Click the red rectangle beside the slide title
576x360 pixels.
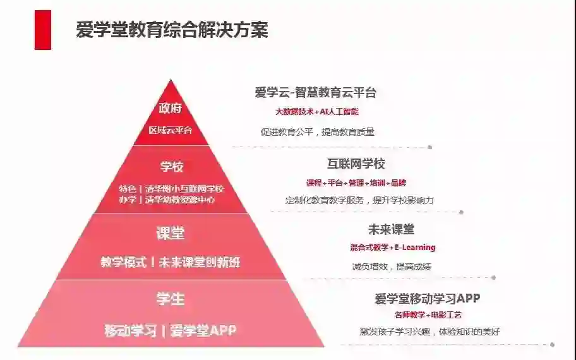point(42,30)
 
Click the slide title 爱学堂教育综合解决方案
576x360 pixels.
point(172,30)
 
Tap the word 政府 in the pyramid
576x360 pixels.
point(171,109)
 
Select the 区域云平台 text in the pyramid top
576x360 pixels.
point(171,131)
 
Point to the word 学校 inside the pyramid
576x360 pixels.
point(171,167)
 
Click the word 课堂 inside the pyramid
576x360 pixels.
point(171,233)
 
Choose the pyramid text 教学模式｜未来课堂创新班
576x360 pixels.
point(171,262)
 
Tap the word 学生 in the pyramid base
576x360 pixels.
point(171,299)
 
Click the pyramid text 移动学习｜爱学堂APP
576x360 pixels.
point(171,330)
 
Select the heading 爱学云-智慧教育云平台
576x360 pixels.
point(316,93)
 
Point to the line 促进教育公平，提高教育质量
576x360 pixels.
point(317,132)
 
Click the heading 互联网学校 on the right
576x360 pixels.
point(356,164)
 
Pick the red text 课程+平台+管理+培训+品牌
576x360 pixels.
point(356,183)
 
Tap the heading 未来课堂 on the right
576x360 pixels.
point(392,229)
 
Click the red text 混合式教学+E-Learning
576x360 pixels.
point(393,248)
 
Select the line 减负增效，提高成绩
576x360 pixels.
point(392,267)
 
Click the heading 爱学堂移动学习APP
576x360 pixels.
point(428,298)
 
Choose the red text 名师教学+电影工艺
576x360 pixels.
point(428,315)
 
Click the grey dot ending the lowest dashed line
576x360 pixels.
point(552,345)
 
